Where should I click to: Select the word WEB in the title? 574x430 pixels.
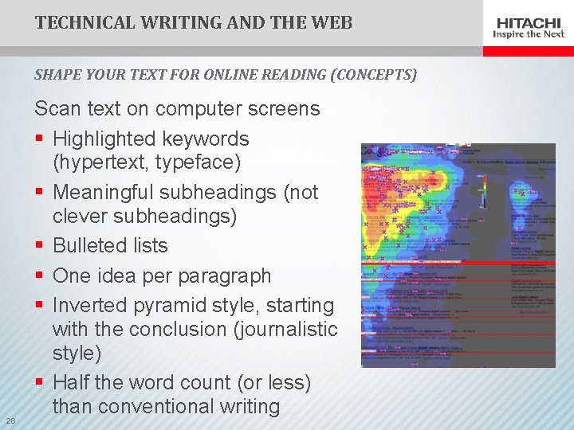tap(333, 22)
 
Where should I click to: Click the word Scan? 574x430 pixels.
tap(57, 109)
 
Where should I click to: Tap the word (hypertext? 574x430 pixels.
tap(99, 162)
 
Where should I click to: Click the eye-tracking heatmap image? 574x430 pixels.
tap(458, 255)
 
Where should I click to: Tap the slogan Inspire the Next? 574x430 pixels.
tap(529, 34)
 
